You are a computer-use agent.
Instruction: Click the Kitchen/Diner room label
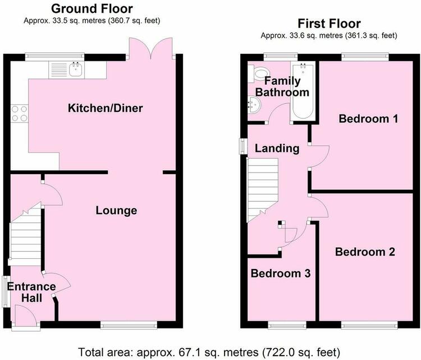(106, 108)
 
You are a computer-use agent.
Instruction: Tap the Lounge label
(116, 211)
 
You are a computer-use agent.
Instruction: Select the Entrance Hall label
(31, 292)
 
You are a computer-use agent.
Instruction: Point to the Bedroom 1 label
(368, 119)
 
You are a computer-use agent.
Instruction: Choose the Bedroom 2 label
(365, 252)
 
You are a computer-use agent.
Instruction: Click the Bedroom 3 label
(281, 273)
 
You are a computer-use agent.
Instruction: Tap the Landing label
(277, 149)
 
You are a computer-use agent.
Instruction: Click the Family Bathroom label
(282, 86)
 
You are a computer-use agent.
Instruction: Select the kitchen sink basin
(75, 70)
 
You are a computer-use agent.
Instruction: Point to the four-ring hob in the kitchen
(20, 113)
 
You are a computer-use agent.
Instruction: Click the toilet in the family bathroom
(259, 73)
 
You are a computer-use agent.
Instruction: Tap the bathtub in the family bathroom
(303, 91)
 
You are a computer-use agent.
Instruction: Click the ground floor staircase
(25, 236)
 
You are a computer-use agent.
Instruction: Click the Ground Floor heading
(92, 8)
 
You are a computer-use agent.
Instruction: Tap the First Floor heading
(329, 24)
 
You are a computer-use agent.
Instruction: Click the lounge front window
(129, 325)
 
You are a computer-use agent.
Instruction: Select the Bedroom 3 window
(287, 325)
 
